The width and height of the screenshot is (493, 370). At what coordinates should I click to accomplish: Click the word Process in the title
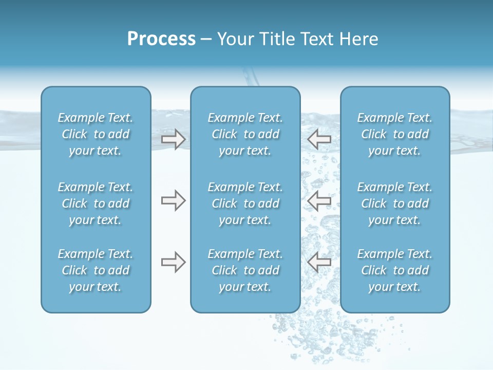[x=161, y=39]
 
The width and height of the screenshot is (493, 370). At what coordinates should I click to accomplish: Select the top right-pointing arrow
[x=173, y=139]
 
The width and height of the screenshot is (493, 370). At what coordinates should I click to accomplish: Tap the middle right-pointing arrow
[x=173, y=200]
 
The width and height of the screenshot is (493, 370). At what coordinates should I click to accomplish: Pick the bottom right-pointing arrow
[x=173, y=263]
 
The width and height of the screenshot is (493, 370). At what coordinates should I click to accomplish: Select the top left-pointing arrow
[x=319, y=139]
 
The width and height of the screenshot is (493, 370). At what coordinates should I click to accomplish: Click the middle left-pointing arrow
[x=319, y=200]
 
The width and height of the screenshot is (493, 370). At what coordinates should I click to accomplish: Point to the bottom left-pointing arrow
[x=319, y=263]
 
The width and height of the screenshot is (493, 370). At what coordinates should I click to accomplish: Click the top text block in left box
[x=96, y=134]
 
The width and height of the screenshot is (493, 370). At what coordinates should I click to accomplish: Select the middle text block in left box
[x=96, y=203]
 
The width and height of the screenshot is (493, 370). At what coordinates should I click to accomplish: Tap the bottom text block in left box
[x=96, y=270]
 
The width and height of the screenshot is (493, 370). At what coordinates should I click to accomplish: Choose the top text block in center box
[x=245, y=134]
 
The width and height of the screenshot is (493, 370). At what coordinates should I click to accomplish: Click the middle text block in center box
[x=245, y=203]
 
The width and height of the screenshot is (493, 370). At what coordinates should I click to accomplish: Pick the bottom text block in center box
[x=245, y=270]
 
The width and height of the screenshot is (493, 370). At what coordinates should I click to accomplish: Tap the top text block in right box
[x=394, y=134]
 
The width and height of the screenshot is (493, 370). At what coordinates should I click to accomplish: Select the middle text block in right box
[x=394, y=203]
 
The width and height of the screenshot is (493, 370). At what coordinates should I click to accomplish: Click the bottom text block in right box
[x=394, y=270]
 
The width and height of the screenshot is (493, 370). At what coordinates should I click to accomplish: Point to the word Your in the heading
[x=235, y=39]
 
